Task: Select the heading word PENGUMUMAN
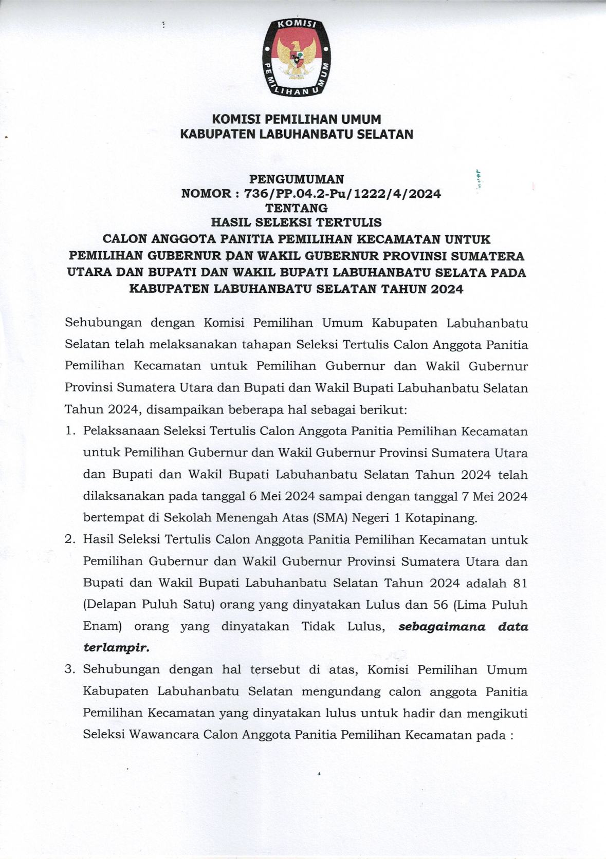pos(297,179)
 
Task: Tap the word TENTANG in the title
pos(296,208)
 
